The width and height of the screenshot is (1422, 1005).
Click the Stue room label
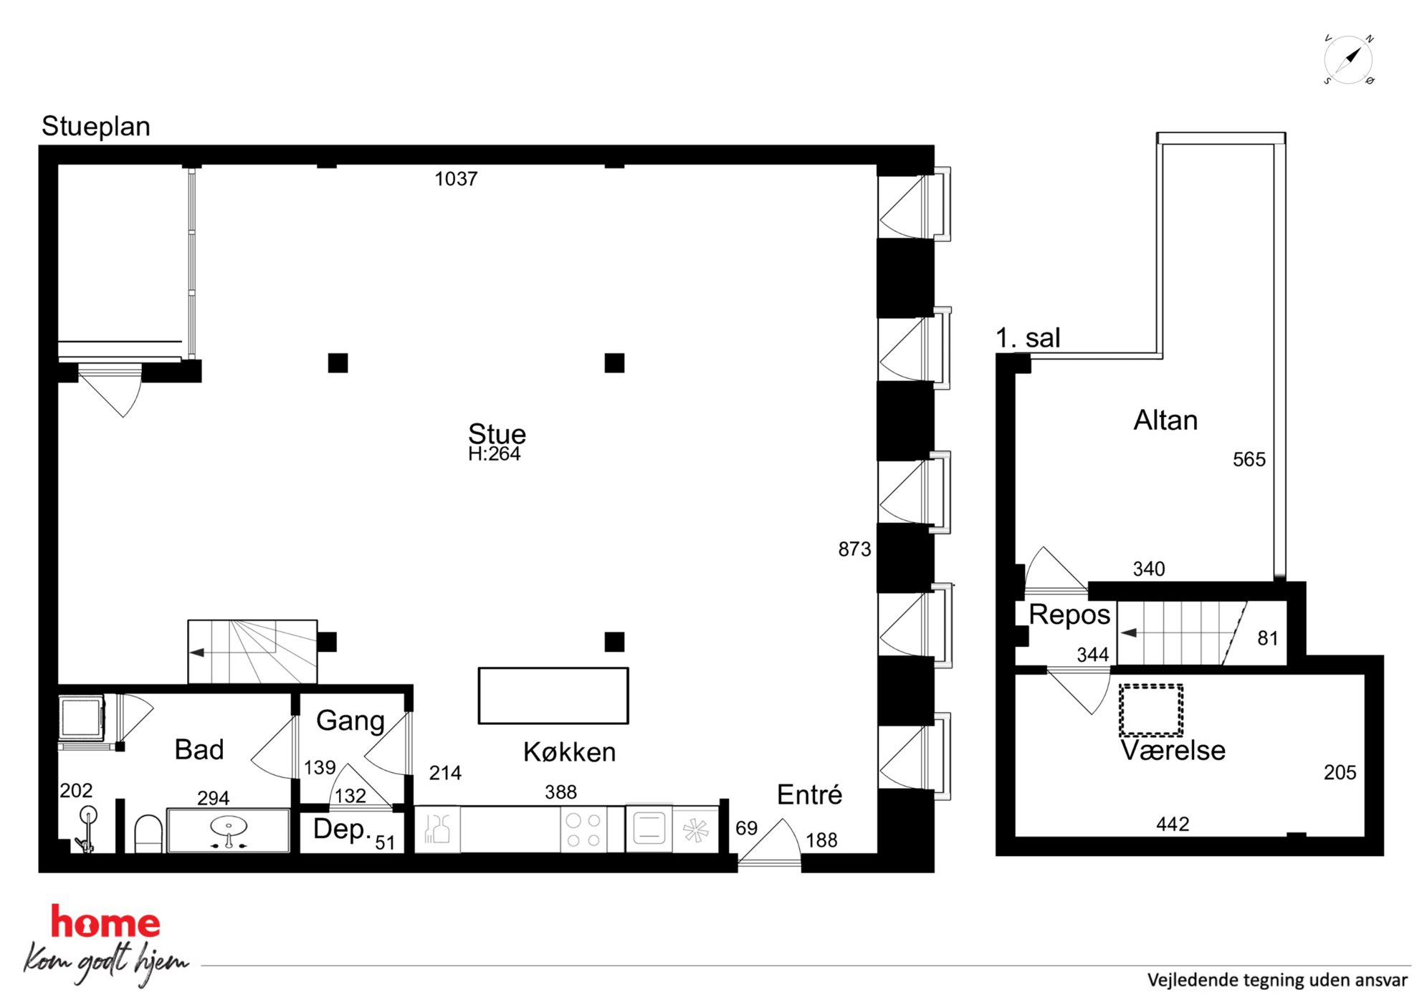[497, 433]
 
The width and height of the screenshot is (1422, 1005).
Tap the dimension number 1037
[456, 179]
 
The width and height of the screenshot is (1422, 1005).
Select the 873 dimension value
[854, 549]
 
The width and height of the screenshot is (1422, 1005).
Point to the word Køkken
[569, 752]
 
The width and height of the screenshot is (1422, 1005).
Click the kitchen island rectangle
[553, 696]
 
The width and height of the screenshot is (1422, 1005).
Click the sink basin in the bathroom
[229, 827]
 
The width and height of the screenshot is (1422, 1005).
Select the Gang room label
[350, 721]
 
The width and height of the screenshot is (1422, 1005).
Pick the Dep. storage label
[342, 830]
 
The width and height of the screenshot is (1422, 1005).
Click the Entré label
[809, 795]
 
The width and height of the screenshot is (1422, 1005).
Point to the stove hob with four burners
[583, 830]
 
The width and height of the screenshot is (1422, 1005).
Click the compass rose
[1348, 59]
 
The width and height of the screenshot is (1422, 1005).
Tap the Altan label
[1165, 420]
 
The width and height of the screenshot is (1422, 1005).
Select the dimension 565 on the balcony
[1249, 460]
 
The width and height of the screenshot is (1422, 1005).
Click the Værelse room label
[1173, 751]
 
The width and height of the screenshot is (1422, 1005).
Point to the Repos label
[1069, 615]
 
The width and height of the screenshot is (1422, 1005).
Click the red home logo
[105, 922]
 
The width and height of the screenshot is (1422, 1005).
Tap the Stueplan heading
[96, 127]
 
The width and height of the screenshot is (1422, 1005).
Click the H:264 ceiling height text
[494, 454]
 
